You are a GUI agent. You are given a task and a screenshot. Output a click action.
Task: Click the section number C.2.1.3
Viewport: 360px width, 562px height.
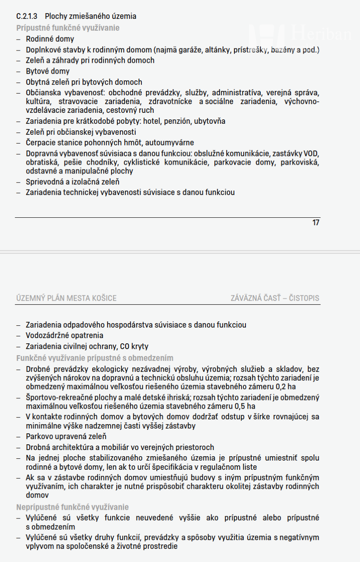coord(26,16)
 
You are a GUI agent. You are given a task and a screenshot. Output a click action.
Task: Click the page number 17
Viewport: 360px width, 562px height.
coord(316,223)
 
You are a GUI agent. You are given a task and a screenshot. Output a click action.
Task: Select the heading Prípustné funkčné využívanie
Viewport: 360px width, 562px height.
coord(68,28)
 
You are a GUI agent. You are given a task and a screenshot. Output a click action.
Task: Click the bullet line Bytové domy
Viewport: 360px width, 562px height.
coord(47,71)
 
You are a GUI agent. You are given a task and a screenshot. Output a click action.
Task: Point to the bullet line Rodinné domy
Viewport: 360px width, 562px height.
coord(50,39)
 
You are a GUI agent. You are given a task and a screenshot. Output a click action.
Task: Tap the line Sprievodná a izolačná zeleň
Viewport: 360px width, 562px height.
coord(72,182)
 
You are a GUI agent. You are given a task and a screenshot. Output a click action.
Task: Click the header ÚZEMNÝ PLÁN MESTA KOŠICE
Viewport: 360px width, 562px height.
coord(66,299)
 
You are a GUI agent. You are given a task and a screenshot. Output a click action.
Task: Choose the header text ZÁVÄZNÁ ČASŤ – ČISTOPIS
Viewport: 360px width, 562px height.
coord(275,299)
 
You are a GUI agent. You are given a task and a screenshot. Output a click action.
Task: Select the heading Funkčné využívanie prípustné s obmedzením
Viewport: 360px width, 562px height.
coord(95,358)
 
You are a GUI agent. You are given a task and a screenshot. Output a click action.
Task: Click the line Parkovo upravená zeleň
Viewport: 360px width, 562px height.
coord(66,436)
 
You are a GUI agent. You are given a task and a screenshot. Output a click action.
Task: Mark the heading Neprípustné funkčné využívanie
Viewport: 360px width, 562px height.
coord(72,507)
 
